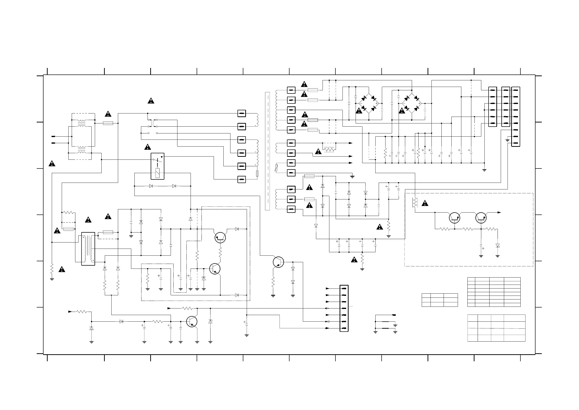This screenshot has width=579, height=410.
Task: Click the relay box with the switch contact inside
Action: pos(157,166)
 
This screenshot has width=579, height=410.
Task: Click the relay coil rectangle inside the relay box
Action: pos(157,173)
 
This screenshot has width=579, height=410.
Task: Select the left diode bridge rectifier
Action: pos(369,103)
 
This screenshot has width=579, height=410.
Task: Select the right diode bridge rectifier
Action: pos(412,103)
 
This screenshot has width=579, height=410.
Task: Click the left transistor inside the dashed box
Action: pos(454,218)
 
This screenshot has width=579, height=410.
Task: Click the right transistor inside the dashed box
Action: pos(481,218)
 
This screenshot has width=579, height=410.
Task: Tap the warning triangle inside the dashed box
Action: pos(425,203)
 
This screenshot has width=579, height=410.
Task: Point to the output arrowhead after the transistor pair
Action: pos(499,213)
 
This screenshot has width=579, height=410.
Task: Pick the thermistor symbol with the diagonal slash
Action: pos(276,168)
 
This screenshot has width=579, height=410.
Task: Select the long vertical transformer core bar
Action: pos(267,151)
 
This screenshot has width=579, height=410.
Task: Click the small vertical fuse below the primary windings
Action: pos(257,174)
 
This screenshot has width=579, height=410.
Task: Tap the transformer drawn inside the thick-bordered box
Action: pos(88,249)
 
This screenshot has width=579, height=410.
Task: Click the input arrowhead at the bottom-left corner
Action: pos(70,312)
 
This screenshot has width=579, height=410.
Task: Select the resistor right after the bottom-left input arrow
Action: pos(81,312)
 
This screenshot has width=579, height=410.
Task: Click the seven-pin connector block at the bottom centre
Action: pos(344,308)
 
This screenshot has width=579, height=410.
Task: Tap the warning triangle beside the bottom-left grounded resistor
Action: pos(62,269)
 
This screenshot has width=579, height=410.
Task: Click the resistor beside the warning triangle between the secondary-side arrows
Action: pos(329,150)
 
